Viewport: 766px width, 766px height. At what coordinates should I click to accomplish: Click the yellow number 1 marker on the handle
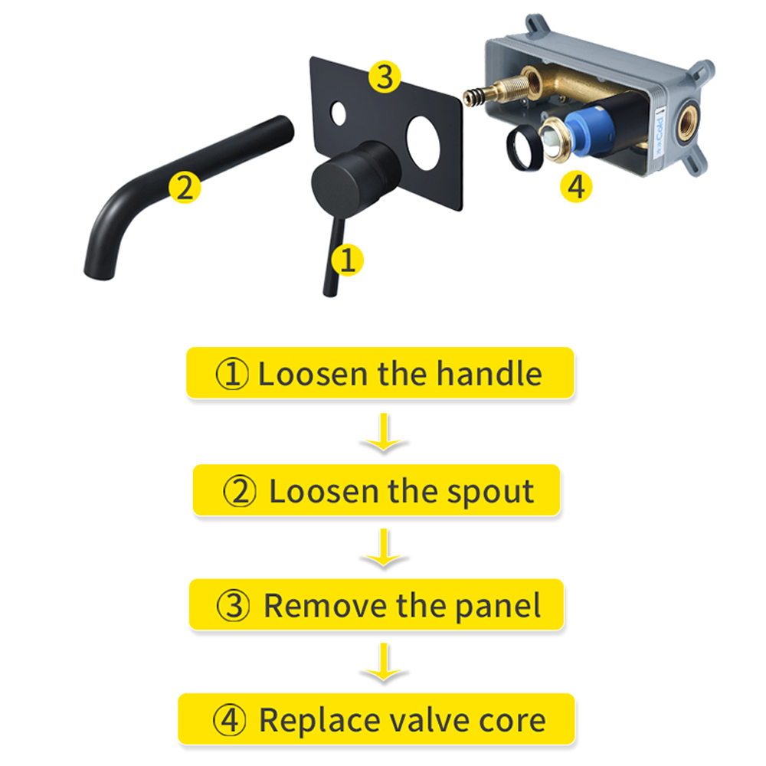(347, 260)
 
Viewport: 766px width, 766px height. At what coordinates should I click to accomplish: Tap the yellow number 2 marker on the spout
(185, 187)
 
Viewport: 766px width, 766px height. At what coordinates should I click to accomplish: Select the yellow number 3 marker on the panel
(385, 77)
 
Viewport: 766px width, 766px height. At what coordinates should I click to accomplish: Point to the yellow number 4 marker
(577, 186)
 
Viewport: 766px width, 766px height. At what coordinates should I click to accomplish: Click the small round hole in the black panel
(338, 113)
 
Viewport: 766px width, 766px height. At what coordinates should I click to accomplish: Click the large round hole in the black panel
(424, 143)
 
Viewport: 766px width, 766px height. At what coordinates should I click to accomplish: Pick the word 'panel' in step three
(498, 606)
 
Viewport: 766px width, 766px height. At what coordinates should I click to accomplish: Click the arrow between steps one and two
(384, 432)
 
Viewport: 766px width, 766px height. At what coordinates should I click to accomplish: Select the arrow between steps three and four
(384, 662)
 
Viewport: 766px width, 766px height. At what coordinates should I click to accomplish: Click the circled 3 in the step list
(233, 606)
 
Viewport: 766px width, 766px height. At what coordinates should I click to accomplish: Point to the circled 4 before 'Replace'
(230, 721)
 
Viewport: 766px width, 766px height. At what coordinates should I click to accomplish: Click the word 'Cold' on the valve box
(660, 128)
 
